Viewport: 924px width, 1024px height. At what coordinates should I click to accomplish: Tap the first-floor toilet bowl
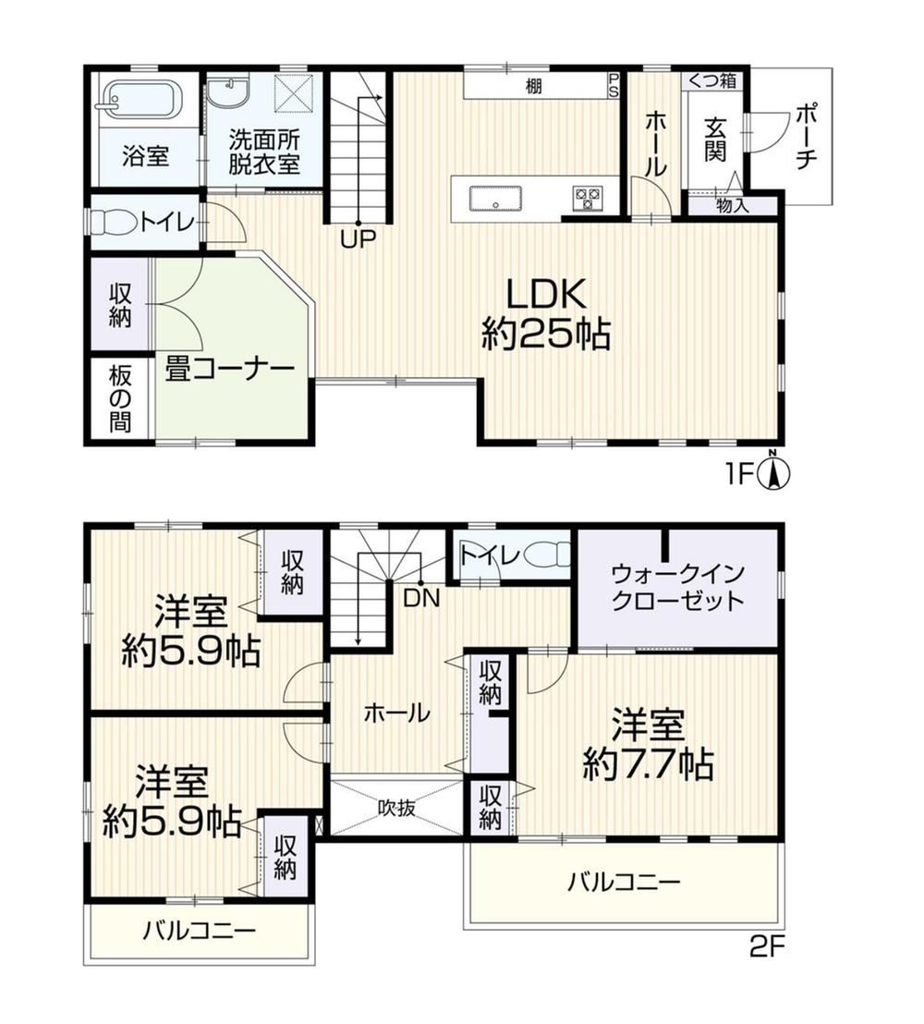click(x=113, y=222)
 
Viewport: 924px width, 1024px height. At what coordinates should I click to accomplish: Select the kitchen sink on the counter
click(x=494, y=199)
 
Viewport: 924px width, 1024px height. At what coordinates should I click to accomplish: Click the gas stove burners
click(x=588, y=198)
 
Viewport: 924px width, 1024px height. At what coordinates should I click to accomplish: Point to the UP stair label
click(x=358, y=240)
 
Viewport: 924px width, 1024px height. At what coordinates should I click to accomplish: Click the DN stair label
click(x=421, y=598)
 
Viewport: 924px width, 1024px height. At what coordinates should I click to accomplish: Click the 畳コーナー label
click(x=229, y=370)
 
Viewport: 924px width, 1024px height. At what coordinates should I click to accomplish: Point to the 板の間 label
click(x=120, y=398)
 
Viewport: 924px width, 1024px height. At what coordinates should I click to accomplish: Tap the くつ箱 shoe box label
click(x=712, y=80)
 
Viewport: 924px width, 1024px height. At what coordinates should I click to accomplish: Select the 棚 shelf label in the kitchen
click(x=533, y=86)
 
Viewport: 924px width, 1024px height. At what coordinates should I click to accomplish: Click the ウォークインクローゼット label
click(x=678, y=587)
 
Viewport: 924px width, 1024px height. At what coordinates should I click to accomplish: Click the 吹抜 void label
click(x=397, y=808)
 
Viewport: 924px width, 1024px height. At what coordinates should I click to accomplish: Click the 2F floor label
click(x=766, y=947)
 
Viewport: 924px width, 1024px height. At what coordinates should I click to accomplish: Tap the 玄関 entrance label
click(x=716, y=140)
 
